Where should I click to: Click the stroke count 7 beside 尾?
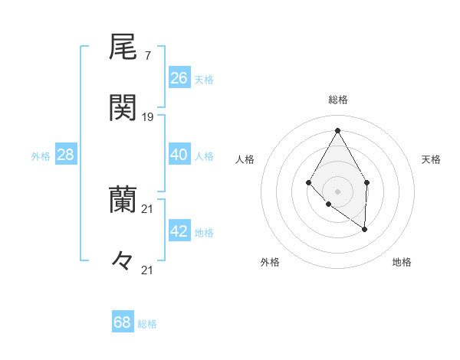click(148, 56)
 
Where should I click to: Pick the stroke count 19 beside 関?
click(148, 116)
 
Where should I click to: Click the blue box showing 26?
click(179, 78)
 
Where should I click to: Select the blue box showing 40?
click(179, 155)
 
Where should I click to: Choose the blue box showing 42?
click(179, 231)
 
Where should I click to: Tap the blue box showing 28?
click(66, 155)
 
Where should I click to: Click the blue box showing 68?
click(123, 322)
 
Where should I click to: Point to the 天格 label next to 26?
click(204, 80)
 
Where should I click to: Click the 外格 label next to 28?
click(41, 156)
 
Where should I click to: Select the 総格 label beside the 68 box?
click(147, 324)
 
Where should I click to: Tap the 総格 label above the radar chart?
click(338, 100)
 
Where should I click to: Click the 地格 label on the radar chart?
click(402, 262)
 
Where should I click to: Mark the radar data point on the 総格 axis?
click(337, 130)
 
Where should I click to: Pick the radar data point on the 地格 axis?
click(364, 228)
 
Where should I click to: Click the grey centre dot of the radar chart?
click(337, 191)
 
